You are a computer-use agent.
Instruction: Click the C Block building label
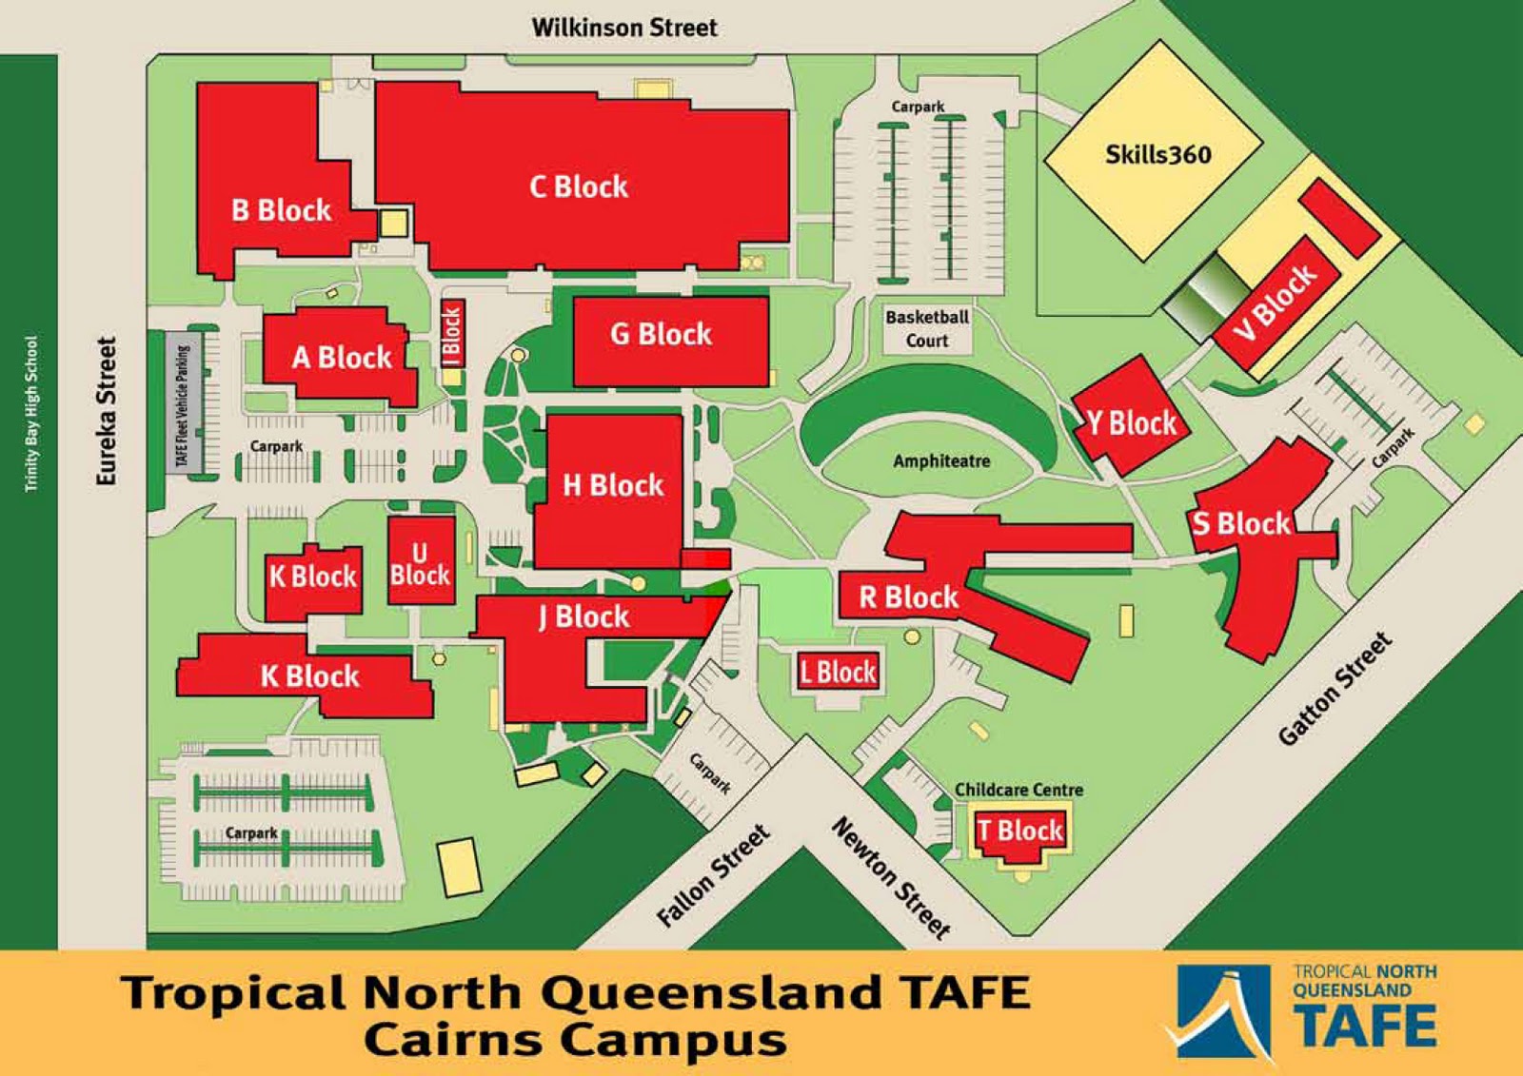click(x=579, y=186)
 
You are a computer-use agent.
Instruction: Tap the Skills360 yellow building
click(x=1155, y=152)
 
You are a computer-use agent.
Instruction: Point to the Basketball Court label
click(x=927, y=328)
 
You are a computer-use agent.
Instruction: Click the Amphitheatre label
click(x=940, y=461)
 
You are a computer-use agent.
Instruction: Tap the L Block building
click(x=838, y=673)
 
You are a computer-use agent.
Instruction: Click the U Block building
click(x=420, y=563)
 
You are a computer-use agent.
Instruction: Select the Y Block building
click(x=1131, y=421)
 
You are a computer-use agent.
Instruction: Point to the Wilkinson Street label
click(x=624, y=27)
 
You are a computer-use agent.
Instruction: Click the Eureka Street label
click(x=106, y=411)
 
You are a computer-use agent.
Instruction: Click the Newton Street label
click(x=892, y=876)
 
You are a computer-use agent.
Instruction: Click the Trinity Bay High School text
click(x=30, y=414)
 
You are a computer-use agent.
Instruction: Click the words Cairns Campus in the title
click(x=575, y=1039)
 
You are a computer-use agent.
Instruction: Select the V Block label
click(x=1276, y=301)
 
